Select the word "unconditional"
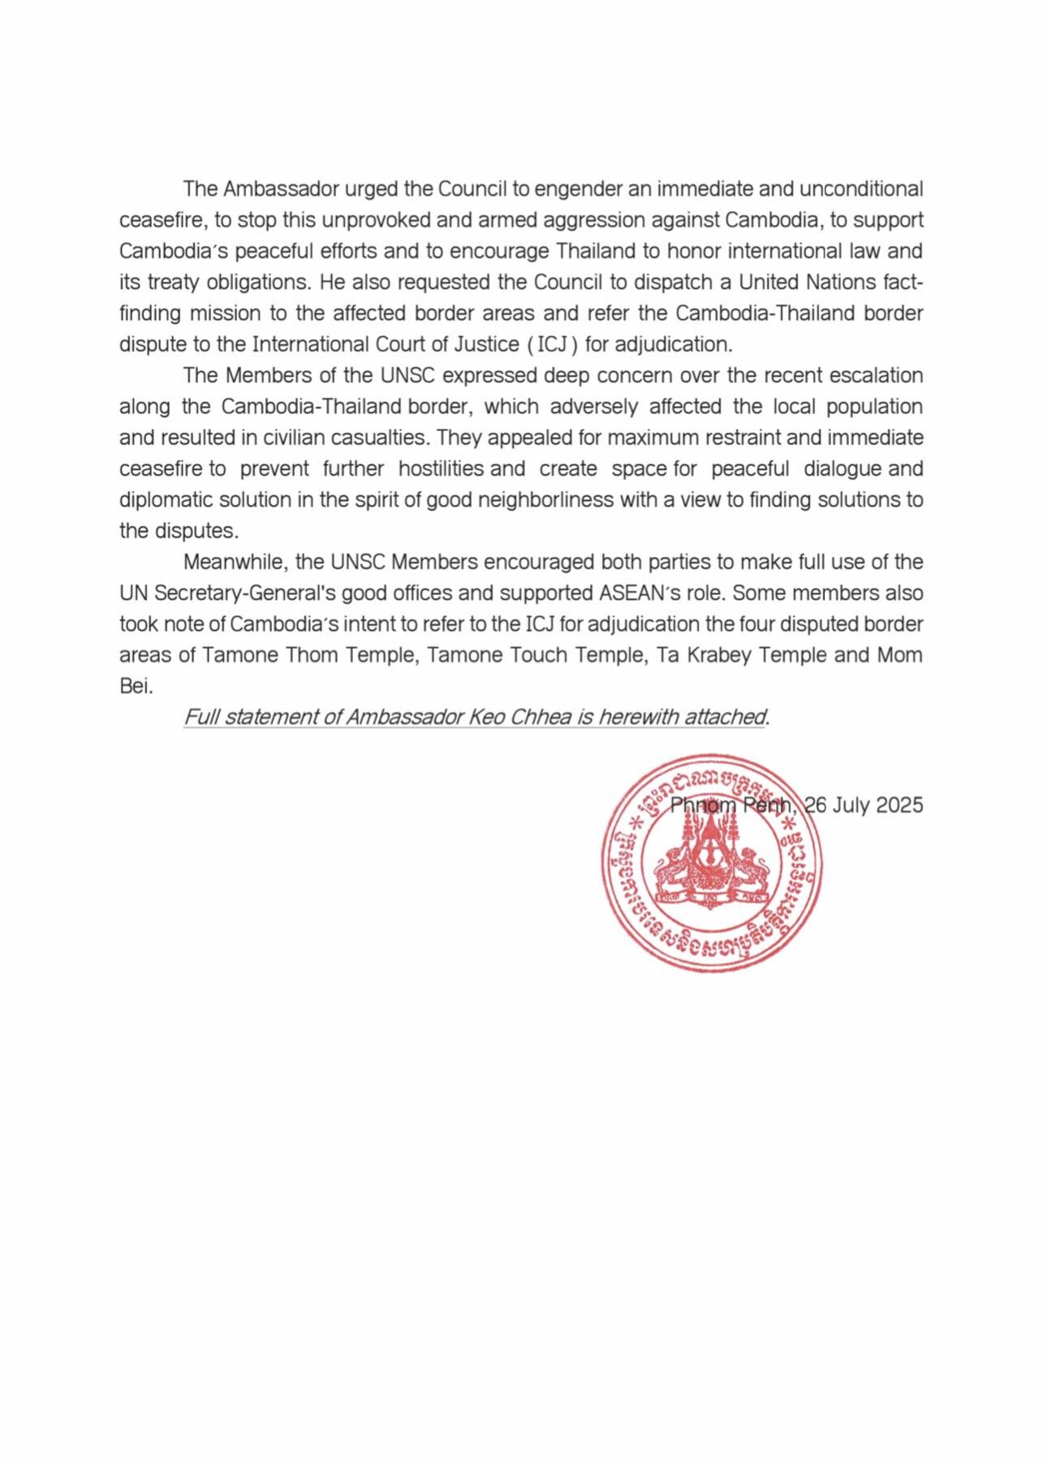(861, 189)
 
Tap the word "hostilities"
(441, 469)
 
